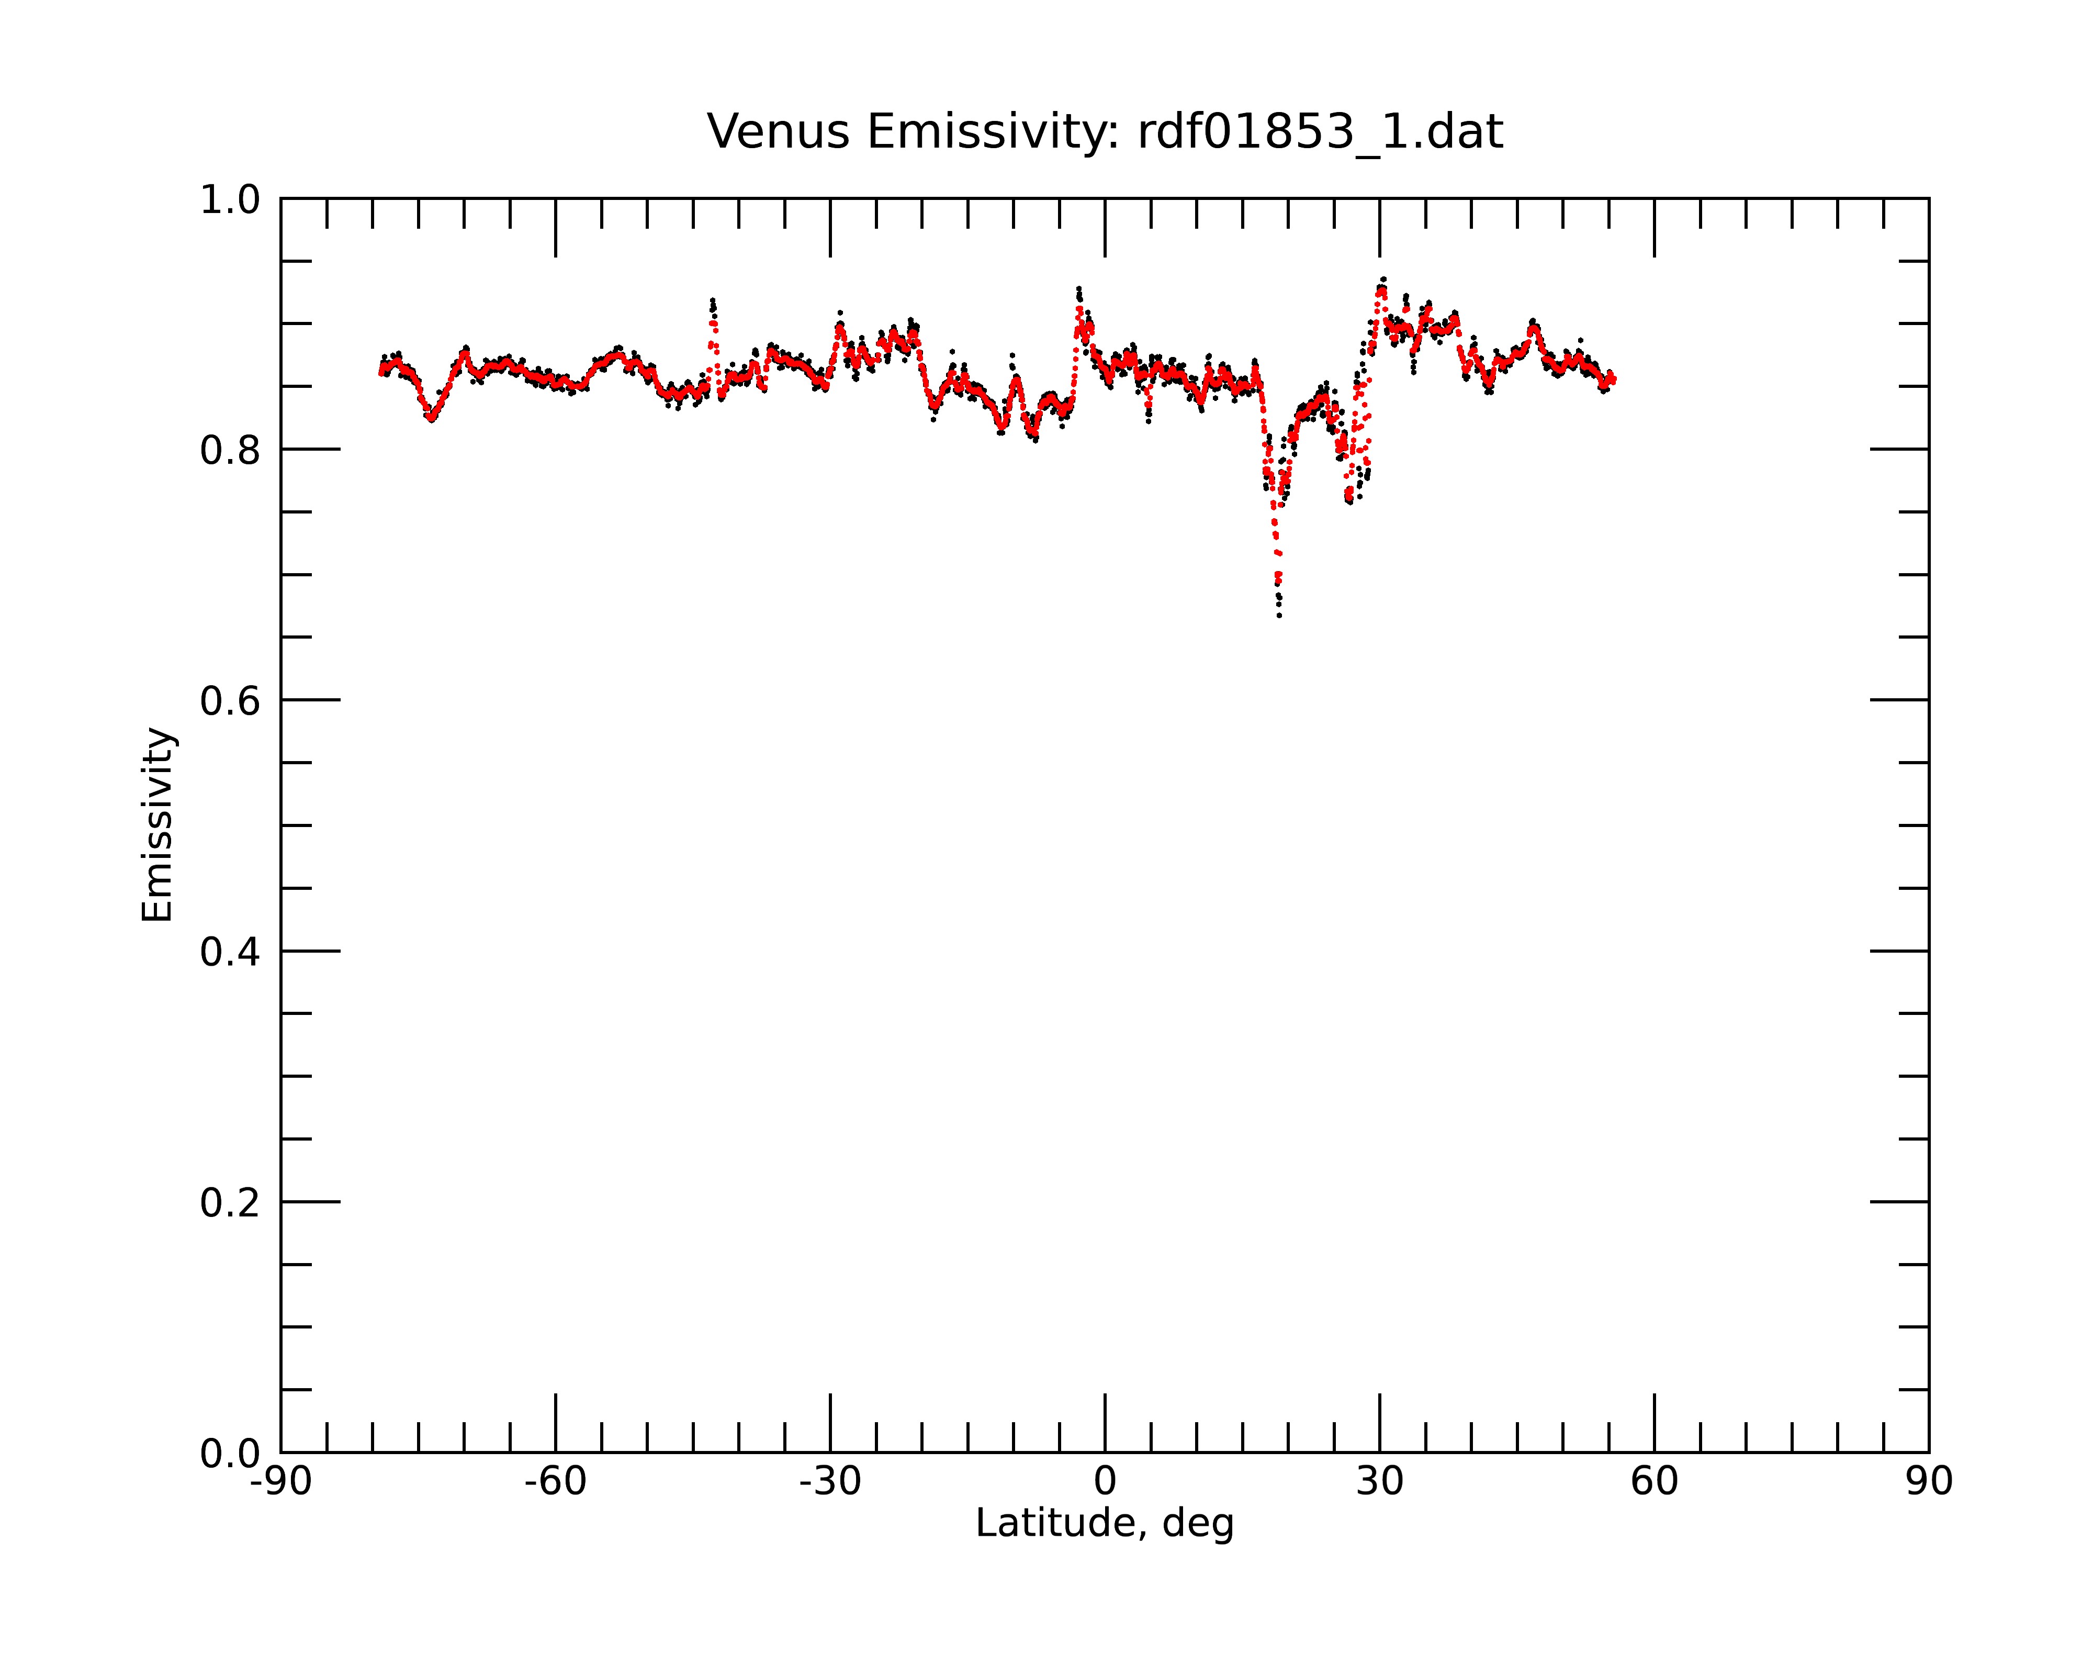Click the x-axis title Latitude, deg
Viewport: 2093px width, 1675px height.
click(x=1105, y=1524)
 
